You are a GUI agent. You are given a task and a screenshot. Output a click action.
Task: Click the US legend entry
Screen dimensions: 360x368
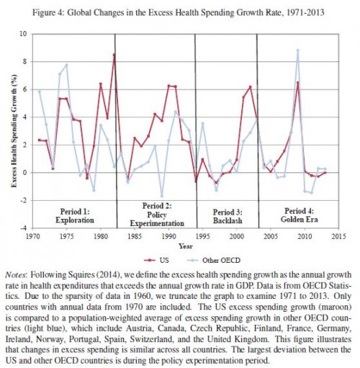[x=157, y=260]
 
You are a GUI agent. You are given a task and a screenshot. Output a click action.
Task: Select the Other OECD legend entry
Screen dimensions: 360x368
[x=213, y=260]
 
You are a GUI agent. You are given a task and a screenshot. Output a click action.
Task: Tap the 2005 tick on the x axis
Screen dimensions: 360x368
[x=271, y=236]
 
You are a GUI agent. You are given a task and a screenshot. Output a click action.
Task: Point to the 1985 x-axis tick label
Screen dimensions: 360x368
[x=135, y=236]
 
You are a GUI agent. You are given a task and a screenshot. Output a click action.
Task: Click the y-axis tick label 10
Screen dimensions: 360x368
[x=23, y=34]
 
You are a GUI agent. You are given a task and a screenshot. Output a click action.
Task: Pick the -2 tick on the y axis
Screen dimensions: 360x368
[x=24, y=200]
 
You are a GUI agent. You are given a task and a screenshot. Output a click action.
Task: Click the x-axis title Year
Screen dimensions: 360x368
[x=186, y=246]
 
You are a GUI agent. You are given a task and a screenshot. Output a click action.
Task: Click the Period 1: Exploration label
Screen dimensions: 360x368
[x=75, y=216]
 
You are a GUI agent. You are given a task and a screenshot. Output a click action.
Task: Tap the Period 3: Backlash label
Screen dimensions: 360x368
[x=228, y=216]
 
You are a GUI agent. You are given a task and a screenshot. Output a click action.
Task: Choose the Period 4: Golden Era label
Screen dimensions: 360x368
[x=299, y=215]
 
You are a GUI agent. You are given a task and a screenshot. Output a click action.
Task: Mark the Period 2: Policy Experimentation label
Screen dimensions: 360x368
[x=157, y=215]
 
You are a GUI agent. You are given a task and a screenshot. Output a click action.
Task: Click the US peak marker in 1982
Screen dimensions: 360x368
[x=114, y=55]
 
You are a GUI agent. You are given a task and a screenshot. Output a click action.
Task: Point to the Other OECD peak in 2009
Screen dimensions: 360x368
[x=298, y=50]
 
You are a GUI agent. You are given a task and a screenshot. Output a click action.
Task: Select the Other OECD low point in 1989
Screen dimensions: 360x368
[x=162, y=196]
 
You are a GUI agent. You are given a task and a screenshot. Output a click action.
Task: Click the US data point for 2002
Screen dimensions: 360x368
[x=251, y=87]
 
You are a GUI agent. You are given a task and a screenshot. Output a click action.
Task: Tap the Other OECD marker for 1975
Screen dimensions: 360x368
[x=67, y=65]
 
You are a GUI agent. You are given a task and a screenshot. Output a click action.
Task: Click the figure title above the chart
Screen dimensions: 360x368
[x=179, y=12]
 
